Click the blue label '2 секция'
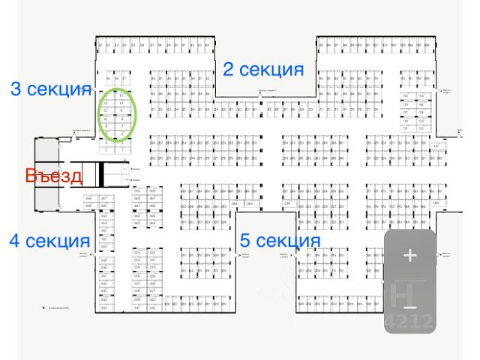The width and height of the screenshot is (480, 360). [263, 70]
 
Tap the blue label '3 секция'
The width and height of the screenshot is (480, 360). [50, 88]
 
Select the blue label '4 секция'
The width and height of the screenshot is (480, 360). [49, 241]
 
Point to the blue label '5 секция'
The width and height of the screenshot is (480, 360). [280, 241]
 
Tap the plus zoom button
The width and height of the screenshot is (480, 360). [409, 256]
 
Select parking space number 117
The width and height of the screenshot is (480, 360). [406, 112]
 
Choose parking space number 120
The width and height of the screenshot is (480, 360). [421, 120]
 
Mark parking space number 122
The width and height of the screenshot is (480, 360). [421, 128]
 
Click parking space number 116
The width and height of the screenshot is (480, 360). [421, 104]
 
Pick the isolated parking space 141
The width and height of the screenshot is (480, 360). [436, 125]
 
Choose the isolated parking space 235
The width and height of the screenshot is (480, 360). [287, 203]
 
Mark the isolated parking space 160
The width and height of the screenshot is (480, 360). [436, 203]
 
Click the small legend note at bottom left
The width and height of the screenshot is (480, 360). [55, 307]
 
